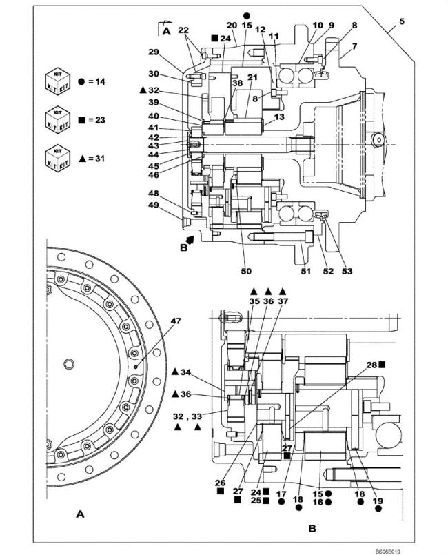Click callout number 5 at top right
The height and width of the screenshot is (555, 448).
click(402, 21)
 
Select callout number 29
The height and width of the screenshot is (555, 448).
click(154, 52)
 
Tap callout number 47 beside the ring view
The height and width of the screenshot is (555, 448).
click(176, 321)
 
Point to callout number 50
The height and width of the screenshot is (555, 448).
click(246, 271)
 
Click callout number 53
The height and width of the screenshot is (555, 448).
click(347, 271)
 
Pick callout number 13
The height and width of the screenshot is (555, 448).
click(279, 117)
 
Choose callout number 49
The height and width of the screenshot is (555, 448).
click(154, 205)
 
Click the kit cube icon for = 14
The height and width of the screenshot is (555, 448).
click(57, 82)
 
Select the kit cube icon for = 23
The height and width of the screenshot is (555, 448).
click(57, 121)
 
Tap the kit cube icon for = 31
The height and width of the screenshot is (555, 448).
click(57, 159)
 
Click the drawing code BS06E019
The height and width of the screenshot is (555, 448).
click(388, 552)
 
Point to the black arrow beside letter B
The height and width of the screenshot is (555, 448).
click(190, 240)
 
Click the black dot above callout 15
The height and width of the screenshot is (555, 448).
click(247, 16)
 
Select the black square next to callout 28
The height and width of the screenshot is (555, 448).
click(383, 365)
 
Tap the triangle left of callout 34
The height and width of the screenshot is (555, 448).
click(175, 372)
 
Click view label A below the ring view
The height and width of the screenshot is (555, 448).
click(81, 514)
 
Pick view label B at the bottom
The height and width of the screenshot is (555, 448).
click(312, 529)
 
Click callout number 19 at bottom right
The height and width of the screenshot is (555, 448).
click(378, 501)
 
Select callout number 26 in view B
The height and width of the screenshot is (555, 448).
click(220, 483)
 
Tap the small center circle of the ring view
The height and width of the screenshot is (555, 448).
click(70, 363)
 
